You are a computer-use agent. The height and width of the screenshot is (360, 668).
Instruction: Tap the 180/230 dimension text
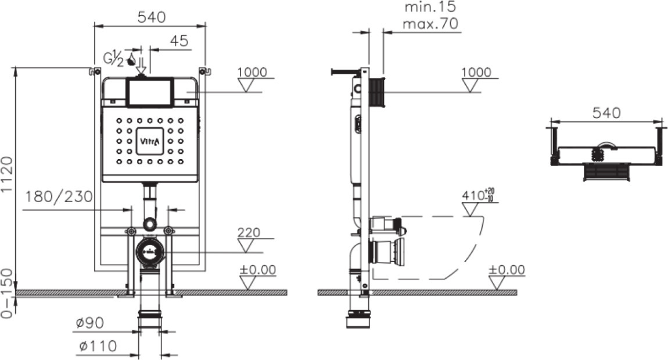click(x=59, y=197)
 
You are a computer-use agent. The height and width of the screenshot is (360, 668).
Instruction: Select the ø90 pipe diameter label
click(x=90, y=323)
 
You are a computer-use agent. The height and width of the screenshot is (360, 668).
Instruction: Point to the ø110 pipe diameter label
click(x=98, y=345)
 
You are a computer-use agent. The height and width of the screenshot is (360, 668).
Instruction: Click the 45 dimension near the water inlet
click(x=179, y=41)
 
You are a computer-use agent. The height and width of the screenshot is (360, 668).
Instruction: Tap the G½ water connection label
click(x=114, y=59)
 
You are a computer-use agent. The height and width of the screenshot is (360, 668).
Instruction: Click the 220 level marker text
click(x=249, y=232)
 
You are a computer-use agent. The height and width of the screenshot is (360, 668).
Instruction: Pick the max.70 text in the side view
click(x=430, y=23)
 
